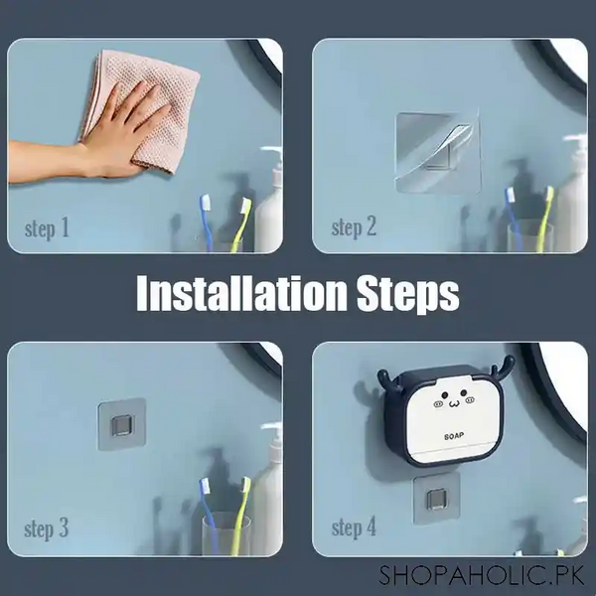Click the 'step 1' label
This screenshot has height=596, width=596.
[x=47, y=229]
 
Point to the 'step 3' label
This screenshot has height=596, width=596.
[x=47, y=528]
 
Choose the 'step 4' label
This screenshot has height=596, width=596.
[x=354, y=528]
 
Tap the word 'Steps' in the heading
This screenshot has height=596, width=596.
[x=407, y=295]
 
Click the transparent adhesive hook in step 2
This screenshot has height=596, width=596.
[x=437, y=149]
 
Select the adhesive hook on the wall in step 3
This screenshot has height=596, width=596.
[x=122, y=424]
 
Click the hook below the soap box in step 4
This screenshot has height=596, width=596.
[x=433, y=497]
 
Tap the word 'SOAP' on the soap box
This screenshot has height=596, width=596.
[x=444, y=433]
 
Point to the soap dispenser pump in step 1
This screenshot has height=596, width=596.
[x=270, y=159]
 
